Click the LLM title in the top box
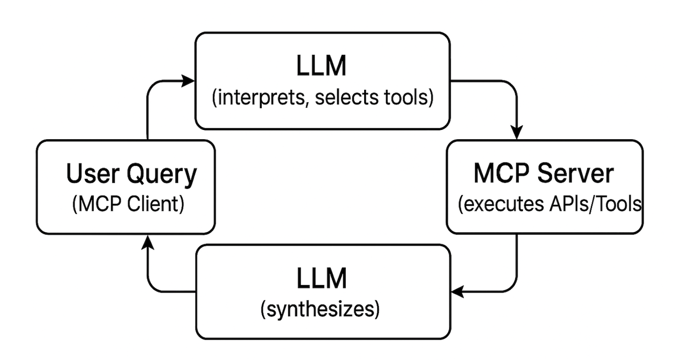tap(321, 67)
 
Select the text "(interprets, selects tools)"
tap(322, 98)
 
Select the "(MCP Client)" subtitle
tap(128, 204)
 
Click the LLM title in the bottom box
tap(321, 279)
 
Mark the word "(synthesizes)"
tap(320, 310)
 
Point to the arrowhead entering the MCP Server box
tap(517, 134)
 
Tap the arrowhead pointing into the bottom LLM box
tap(457, 292)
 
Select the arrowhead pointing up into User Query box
tap(147, 241)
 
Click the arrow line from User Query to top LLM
tap(148, 110)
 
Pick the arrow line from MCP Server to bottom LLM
tap(517, 266)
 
